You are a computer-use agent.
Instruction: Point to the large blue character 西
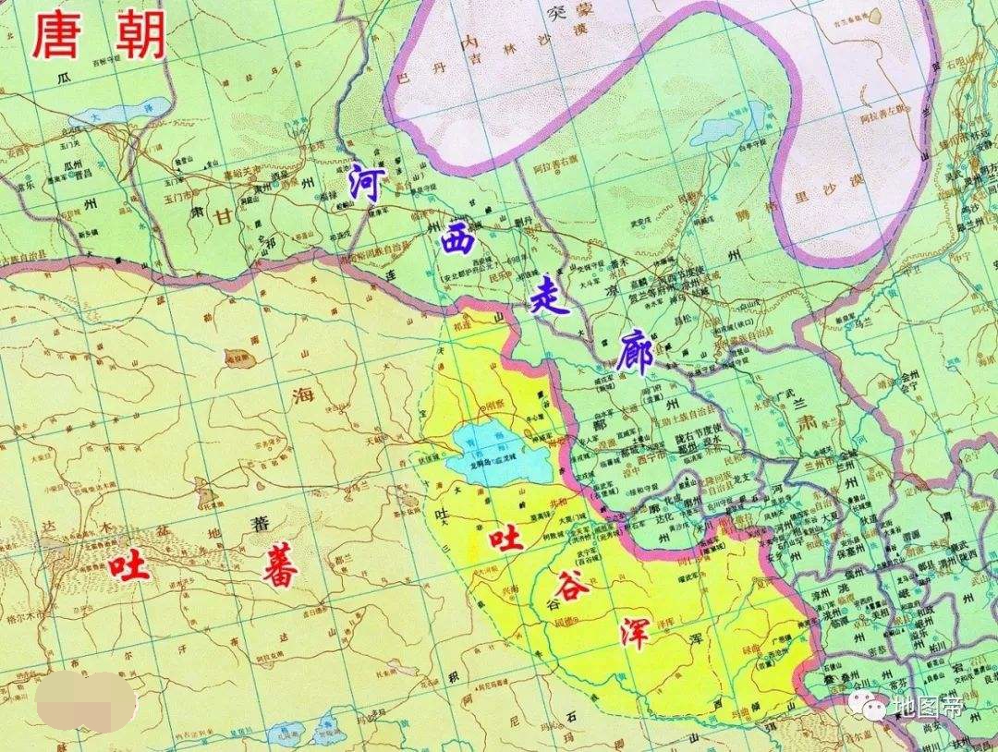coord(454,241)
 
